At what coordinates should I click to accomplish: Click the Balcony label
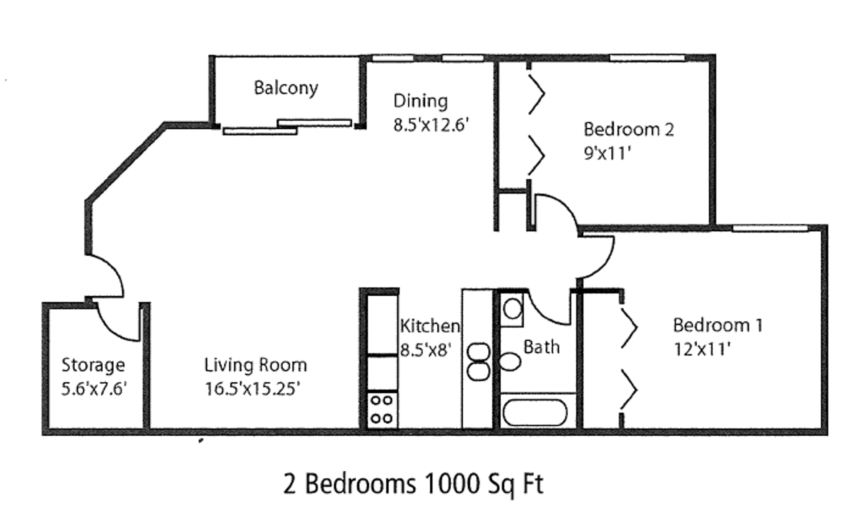coord(286,88)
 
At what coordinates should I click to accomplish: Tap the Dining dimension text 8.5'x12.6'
coord(431,125)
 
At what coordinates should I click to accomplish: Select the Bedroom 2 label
coord(629,129)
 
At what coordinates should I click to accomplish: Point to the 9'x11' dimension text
coord(607,153)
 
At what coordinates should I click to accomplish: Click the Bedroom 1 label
coord(718,325)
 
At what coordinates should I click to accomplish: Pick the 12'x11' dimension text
coord(702,349)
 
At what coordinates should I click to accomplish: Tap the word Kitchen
coord(430,326)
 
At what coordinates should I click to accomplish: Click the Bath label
coord(541,347)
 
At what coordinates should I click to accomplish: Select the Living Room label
coord(255,365)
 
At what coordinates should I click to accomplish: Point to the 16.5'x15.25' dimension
coord(252,389)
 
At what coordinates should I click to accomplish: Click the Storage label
coord(93,365)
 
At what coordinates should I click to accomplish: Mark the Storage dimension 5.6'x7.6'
coord(94,389)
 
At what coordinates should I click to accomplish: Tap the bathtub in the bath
coord(535,413)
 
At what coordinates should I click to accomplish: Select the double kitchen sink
coord(478,361)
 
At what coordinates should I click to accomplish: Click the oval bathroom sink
coord(510,361)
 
